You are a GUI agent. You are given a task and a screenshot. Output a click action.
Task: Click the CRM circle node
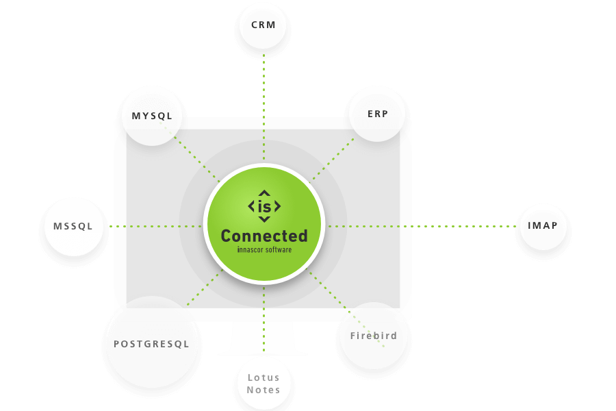[x=263, y=25]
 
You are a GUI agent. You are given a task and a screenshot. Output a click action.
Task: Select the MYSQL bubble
[x=152, y=115]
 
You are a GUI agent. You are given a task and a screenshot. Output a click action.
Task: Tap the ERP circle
[x=377, y=114]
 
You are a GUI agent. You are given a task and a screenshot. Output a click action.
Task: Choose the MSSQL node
[x=73, y=226]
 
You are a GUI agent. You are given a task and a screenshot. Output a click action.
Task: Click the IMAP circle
[x=543, y=225]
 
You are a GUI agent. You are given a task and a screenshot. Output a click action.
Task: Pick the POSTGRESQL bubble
[x=152, y=342]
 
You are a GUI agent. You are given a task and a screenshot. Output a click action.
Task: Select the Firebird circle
[x=374, y=336]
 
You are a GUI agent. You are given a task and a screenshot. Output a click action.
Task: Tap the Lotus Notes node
[x=264, y=384]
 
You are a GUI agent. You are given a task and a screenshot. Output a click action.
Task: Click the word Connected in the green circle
[x=264, y=236]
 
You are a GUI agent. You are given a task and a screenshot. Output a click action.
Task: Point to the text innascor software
[x=264, y=250]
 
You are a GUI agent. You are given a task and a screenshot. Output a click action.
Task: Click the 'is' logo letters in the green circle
[x=264, y=206]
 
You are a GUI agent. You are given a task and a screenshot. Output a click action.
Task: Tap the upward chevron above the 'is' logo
[x=264, y=192]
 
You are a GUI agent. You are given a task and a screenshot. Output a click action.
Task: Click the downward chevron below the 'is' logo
[x=264, y=219]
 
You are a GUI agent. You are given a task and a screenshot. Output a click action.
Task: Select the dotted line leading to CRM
[x=264, y=103]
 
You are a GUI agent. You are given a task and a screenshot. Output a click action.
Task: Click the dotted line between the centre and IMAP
[x=424, y=225]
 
